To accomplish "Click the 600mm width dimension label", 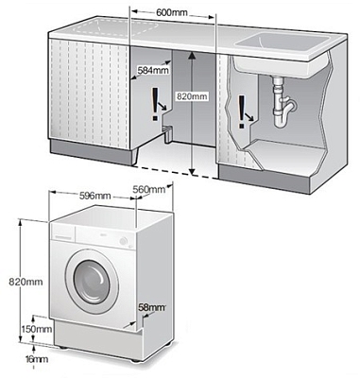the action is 172,12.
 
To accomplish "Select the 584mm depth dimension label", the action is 153,70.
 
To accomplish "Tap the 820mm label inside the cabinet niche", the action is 192,96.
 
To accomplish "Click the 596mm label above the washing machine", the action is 94,196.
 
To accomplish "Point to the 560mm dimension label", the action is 148,189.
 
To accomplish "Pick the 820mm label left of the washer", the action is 26,282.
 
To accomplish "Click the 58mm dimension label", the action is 152,307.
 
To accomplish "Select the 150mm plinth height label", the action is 37,329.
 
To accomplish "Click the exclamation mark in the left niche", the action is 155,104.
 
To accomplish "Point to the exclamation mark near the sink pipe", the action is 242,112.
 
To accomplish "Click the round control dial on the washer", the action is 124,241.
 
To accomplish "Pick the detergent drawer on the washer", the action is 63,232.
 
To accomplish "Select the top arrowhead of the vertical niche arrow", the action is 192,56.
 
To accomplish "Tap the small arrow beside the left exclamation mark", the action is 163,106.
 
